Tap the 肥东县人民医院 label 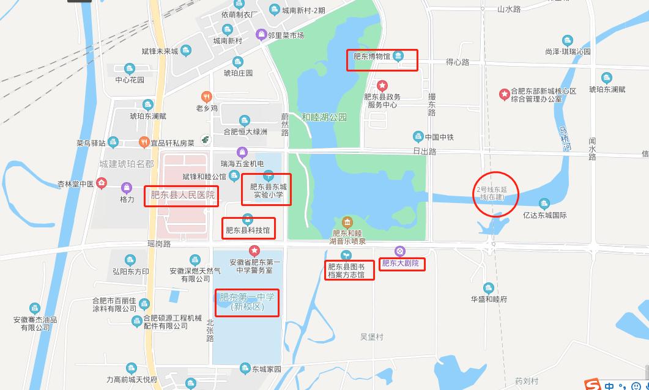pos(183,196)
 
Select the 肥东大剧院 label pos(401,263)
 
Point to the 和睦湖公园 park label pos(324,117)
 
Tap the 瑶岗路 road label pos(159,243)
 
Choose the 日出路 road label pos(424,151)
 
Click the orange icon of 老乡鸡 pos(207,96)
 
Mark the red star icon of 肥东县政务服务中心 pos(382,86)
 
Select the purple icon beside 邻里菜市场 pos(261,35)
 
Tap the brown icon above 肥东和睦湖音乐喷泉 pos(347,221)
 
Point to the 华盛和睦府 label pos(489,299)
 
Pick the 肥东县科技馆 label pos(247,230)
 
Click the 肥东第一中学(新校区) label pos(247,302)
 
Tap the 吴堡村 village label pos(371,337)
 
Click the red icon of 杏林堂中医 pos(102,182)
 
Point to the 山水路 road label pos(508,9)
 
